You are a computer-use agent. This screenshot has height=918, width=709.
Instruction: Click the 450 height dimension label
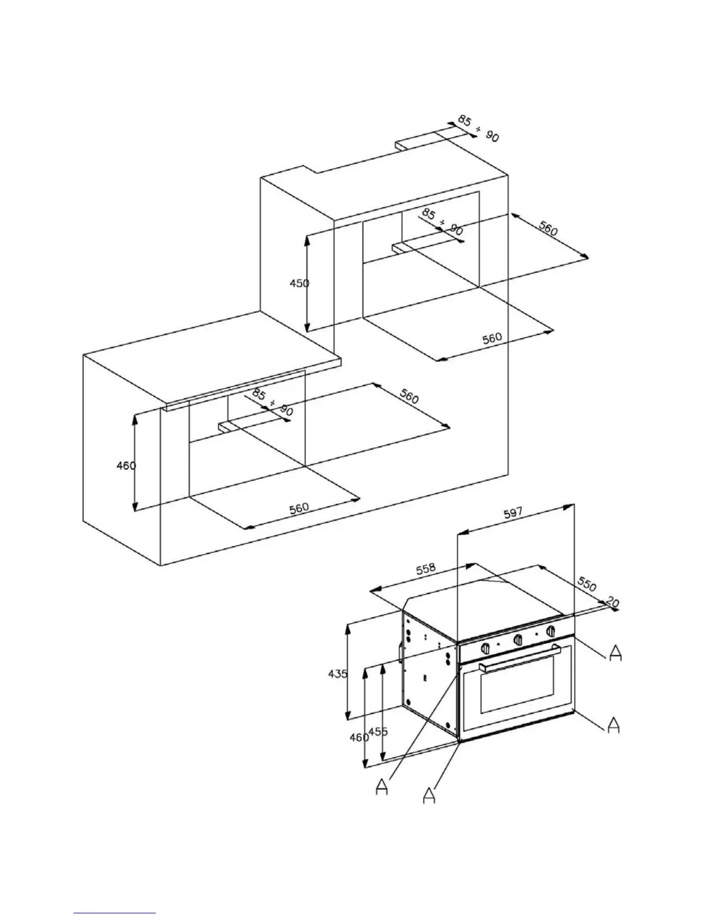tap(299, 283)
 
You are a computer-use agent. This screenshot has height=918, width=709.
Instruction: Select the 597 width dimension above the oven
tap(513, 512)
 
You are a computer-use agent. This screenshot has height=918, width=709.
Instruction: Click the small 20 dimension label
tap(612, 603)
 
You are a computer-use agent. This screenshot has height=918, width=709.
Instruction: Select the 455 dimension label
tap(378, 732)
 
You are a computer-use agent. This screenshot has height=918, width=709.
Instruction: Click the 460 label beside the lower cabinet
tap(126, 465)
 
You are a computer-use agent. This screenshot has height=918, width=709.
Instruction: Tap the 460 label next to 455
tap(359, 738)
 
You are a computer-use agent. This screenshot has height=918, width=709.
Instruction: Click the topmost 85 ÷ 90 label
tap(478, 128)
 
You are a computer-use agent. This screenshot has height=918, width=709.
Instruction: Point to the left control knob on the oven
tap(486, 647)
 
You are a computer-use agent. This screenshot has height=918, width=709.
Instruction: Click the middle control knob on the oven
tap(519, 639)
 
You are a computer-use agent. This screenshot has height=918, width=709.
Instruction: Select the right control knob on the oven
tap(551, 631)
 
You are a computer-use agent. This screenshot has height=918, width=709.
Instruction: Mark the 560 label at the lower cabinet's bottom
tap(299, 508)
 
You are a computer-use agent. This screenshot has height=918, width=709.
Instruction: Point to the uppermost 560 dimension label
tap(548, 229)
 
